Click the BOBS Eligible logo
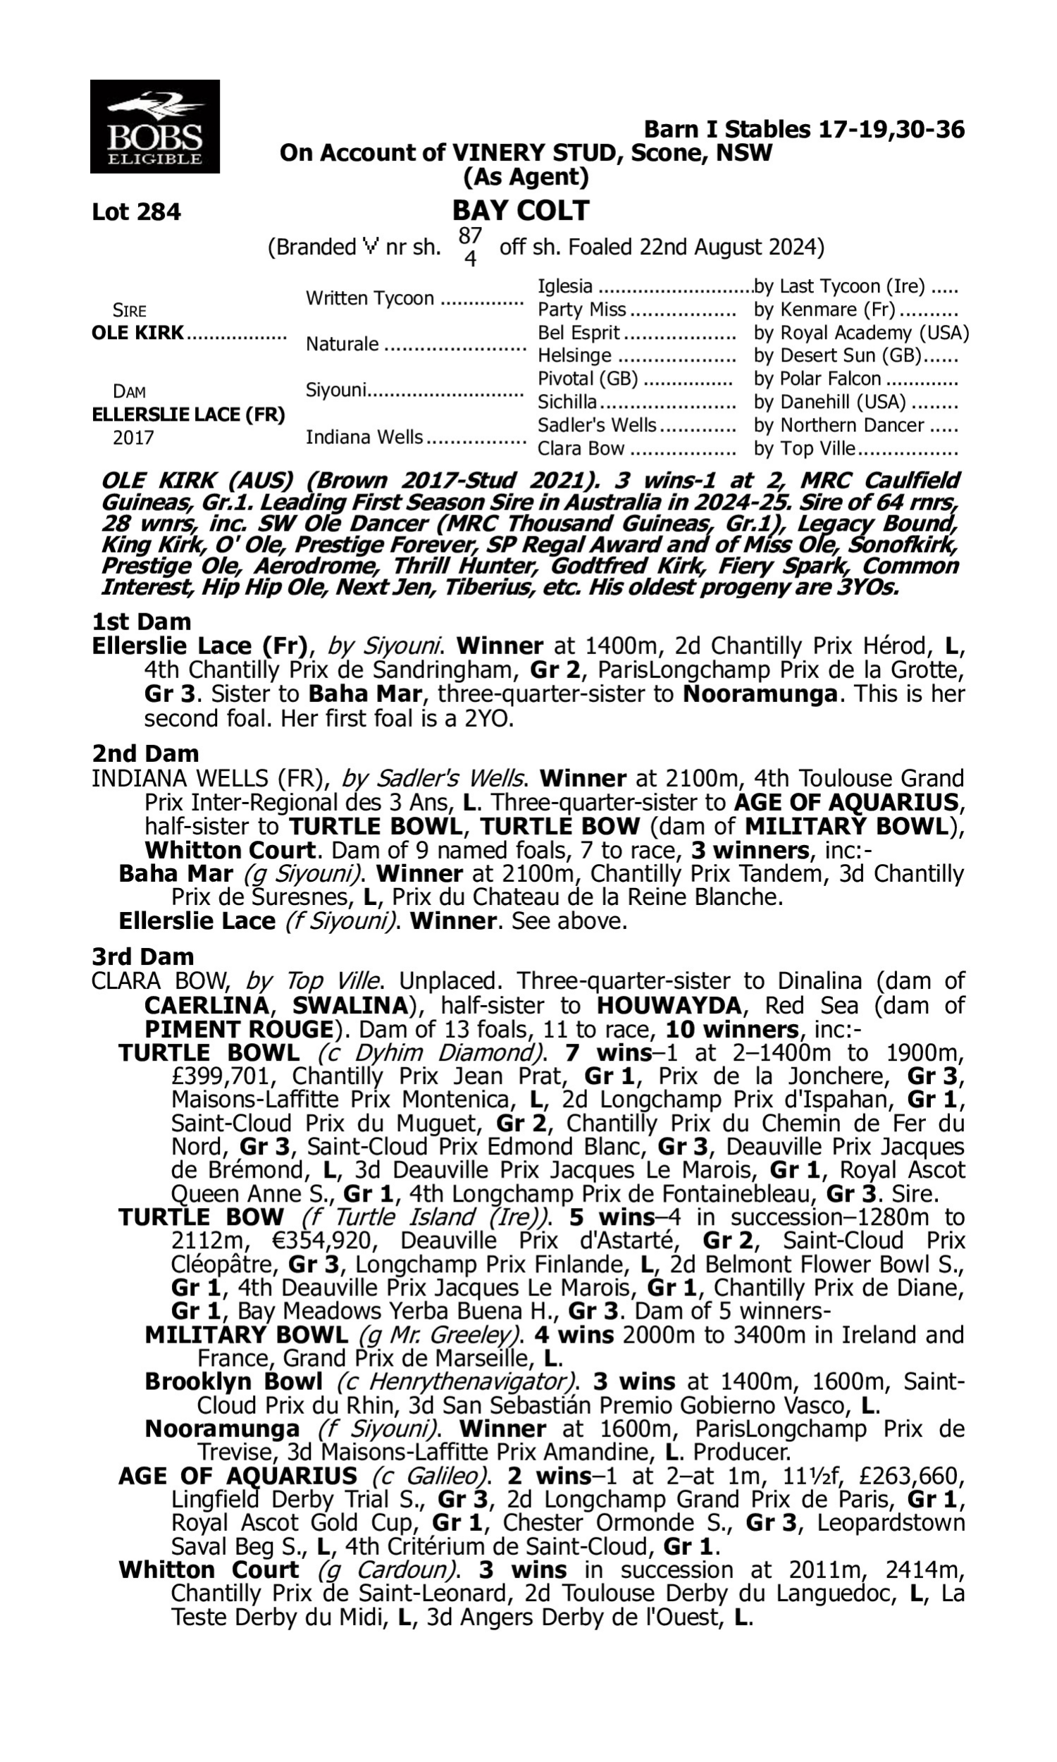[154, 127]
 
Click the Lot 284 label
[136, 212]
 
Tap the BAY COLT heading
[521, 211]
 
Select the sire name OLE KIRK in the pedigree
[137, 333]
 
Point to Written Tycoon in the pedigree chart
[370, 298]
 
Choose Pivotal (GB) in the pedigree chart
[588, 379]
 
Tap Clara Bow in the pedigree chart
[581, 449]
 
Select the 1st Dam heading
[142, 622]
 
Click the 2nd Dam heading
[145, 753]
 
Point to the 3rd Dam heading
[143, 956]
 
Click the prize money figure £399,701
[224, 1076]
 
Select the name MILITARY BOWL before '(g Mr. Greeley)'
[246, 1335]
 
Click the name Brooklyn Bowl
[233, 1381]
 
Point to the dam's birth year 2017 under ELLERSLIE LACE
[133, 437]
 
